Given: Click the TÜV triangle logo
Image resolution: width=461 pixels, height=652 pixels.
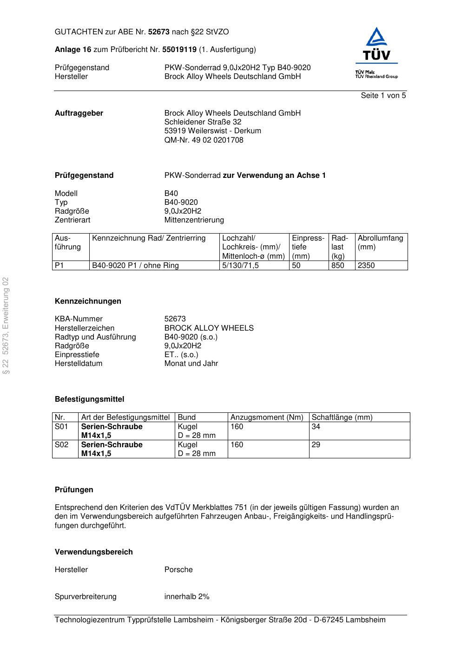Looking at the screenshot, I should pyautogui.click(x=376, y=44).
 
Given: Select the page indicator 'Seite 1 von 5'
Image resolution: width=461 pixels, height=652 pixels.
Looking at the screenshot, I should pyautogui.click(x=383, y=96).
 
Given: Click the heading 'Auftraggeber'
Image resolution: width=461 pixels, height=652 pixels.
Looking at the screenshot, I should pyautogui.click(x=79, y=113).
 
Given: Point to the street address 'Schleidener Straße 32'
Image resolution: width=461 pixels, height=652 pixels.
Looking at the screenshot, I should pyautogui.click(x=203, y=122).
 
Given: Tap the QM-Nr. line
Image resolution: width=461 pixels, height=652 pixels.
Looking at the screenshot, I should pyautogui.click(x=204, y=140).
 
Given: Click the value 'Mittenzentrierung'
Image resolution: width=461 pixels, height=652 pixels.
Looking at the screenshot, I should pyautogui.click(x=194, y=220).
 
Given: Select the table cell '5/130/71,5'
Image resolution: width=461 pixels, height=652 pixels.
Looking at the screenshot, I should pyautogui.click(x=240, y=266).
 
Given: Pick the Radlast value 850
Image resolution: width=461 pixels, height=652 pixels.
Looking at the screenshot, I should pyautogui.click(x=338, y=266).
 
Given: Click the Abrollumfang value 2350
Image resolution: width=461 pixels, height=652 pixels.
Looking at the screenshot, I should pyautogui.click(x=366, y=266).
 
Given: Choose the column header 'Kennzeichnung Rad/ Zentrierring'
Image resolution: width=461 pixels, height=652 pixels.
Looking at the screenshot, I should pyautogui.click(x=149, y=238).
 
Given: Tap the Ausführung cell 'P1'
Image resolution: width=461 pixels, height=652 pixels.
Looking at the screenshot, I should pyautogui.click(x=59, y=266).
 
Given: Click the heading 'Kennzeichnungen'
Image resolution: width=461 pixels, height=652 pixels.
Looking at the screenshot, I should pyautogui.click(x=88, y=301).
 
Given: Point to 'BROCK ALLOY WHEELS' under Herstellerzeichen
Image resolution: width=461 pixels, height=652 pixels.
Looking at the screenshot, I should pyautogui.click(x=209, y=328).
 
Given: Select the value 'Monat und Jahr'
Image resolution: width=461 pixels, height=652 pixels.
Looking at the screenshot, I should pyautogui.click(x=191, y=364).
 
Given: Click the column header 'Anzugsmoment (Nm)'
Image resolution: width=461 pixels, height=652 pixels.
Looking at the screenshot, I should pyautogui.click(x=267, y=417).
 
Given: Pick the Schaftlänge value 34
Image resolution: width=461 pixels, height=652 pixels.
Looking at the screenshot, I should pyautogui.click(x=316, y=427).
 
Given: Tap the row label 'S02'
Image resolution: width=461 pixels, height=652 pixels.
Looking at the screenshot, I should pyautogui.click(x=61, y=445).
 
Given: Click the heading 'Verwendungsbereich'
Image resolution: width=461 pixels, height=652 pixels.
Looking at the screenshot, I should pyautogui.click(x=93, y=552).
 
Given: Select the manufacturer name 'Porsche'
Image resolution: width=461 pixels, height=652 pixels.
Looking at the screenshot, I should pyautogui.click(x=178, y=570).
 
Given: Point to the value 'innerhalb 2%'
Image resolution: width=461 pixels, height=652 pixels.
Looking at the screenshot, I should pyautogui.click(x=187, y=597).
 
